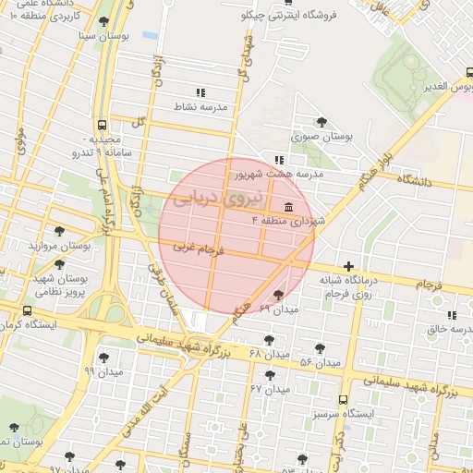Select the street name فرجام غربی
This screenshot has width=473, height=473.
click(199, 248)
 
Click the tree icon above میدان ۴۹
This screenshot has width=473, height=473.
click(279, 295)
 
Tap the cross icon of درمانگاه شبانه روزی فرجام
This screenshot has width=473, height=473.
click(348, 265)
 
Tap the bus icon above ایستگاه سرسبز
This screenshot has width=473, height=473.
click(344, 400)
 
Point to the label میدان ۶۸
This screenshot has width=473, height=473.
click(269, 354)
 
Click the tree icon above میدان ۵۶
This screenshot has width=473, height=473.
click(320, 348)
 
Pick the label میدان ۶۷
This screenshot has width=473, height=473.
click(270, 389)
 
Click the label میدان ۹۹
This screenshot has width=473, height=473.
click(103, 370)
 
